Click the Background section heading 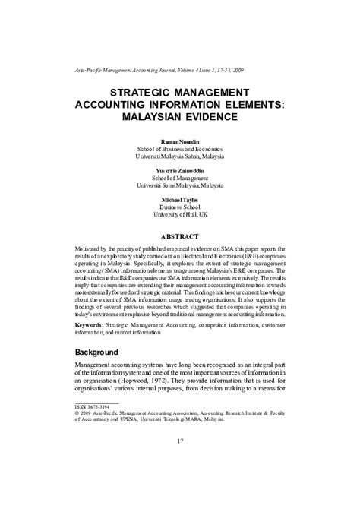[x=96, y=353]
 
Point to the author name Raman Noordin [x=180, y=141]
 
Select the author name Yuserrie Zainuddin [x=180, y=169]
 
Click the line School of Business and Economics [x=180, y=149]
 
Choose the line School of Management [x=180, y=177]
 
